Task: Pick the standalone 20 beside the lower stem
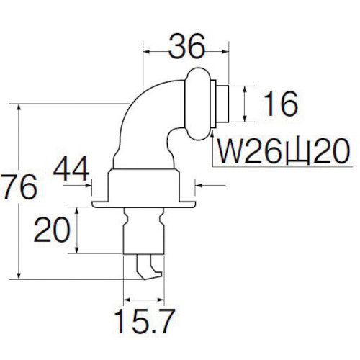click(53, 231)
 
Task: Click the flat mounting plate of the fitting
click(143, 205)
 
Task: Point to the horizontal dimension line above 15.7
click(144, 297)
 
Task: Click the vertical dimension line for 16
click(246, 104)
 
